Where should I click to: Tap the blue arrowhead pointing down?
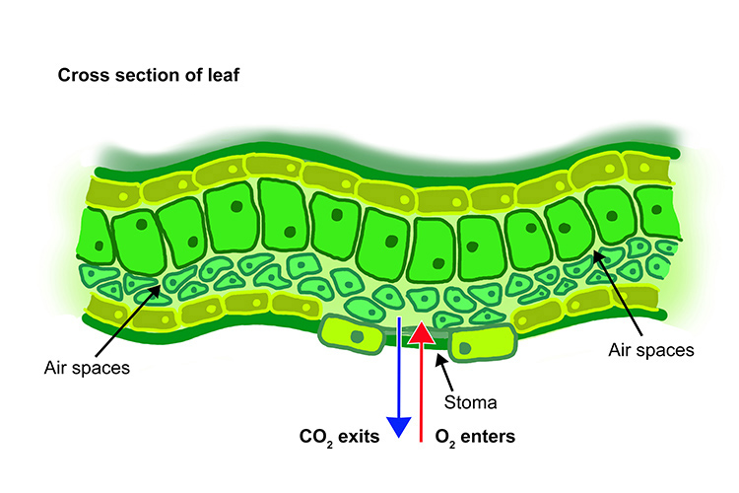pos(398,425)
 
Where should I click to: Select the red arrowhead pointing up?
pos(422,332)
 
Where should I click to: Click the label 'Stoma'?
pos(470,403)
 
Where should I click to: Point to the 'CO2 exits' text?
pos(340,435)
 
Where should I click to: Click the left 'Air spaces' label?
pos(88,368)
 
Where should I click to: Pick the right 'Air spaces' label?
pos(652,349)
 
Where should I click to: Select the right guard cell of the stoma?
pos(483,344)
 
